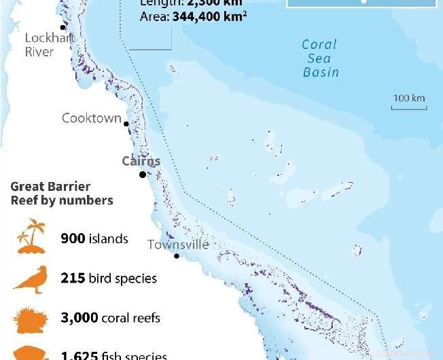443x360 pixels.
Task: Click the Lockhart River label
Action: (48, 44)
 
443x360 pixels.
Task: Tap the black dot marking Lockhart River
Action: (63, 28)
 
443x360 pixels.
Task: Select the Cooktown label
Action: (92, 118)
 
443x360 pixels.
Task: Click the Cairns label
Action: (141, 161)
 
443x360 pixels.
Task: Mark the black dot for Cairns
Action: (143, 175)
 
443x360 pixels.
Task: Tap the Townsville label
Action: (178, 245)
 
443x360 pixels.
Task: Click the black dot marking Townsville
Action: (177, 256)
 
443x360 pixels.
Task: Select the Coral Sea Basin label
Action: (320, 58)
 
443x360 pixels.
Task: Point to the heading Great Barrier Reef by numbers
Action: (61, 194)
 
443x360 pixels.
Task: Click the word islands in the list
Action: (109, 238)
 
